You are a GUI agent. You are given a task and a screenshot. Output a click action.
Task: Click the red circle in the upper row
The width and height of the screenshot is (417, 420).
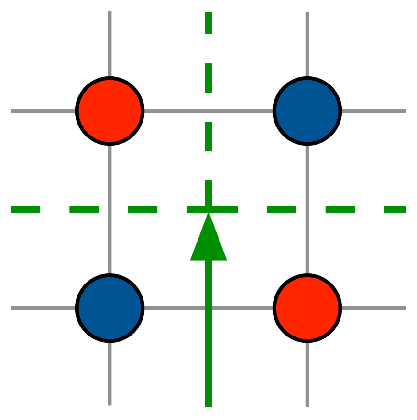pyautogui.click(x=110, y=111)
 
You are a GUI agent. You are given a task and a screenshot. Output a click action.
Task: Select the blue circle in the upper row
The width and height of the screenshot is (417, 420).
pyautogui.click(x=307, y=111)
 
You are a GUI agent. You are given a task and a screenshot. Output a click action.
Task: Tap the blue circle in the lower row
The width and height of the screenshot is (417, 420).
pyautogui.click(x=110, y=308)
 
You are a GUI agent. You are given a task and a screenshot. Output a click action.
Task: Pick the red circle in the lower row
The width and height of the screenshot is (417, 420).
pyautogui.click(x=307, y=308)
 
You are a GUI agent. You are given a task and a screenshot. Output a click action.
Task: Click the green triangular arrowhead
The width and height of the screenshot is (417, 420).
pyautogui.click(x=208, y=241)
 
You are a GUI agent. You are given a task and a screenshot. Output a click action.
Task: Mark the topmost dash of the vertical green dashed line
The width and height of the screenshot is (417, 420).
pyautogui.click(x=208, y=23)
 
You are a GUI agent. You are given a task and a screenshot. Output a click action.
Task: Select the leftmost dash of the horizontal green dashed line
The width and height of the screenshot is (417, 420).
pyautogui.click(x=25, y=210)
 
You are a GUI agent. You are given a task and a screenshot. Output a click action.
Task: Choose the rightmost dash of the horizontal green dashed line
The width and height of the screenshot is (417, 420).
pyautogui.click(x=395, y=210)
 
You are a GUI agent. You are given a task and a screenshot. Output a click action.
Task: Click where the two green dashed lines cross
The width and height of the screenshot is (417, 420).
pyautogui.click(x=208, y=210)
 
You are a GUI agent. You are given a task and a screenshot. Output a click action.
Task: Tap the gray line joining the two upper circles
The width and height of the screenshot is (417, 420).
pyautogui.click(x=177, y=111)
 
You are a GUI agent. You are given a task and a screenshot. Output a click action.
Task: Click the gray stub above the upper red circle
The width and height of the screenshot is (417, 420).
pyautogui.click(x=110, y=43)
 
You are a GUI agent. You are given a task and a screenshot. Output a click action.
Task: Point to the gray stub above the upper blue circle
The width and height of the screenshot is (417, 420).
pyautogui.click(x=307, y=44)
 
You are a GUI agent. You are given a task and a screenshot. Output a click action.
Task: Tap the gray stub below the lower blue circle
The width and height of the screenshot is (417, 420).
pyautogui.click(x=110, y=374)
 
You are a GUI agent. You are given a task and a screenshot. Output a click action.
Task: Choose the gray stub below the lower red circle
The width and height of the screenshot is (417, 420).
pyautogui.click(x=307, y=375)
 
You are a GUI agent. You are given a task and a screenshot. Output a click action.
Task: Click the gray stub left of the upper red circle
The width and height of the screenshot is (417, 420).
pyautogui.click(x=43, y=111)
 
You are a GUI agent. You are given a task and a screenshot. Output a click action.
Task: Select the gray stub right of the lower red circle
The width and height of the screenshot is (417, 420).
pyautogui.click(x=374, y=308)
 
